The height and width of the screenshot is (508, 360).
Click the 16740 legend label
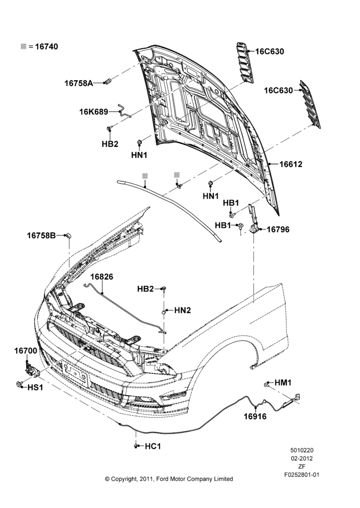[x=46, y=47]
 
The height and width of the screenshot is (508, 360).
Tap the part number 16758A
[x=78, y=83]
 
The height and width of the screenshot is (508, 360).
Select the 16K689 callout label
[x=94, y=112]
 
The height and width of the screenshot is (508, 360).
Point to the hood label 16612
[x=291, y=164]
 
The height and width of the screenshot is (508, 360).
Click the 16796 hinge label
[x=278, y=230]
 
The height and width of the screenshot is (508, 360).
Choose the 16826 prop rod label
[x=102, y=277]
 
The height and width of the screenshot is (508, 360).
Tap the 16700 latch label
[x=25, y=351]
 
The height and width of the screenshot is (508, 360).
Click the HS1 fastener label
[x=35, y=387]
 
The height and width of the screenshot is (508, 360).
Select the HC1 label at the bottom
[x=153, y=447]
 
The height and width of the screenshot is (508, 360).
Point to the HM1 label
[x=283, y=383]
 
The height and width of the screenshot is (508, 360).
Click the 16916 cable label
[x=255, y=417]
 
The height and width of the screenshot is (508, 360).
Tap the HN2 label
[x=183, y=310]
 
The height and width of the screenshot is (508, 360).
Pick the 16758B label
[x=41, y=236]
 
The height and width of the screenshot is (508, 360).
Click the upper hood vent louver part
[x=245, y=62]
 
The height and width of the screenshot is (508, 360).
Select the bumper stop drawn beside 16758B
[x=68, y=236]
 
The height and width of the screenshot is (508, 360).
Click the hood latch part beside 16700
[x=32, y=369]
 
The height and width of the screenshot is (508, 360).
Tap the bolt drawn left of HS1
[x=19, y=385]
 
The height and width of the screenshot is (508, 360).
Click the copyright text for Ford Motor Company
[x=169, y=479]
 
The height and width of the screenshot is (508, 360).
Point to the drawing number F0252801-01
[x=302, y=475]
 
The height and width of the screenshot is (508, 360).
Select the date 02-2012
[x=302, y=458]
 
